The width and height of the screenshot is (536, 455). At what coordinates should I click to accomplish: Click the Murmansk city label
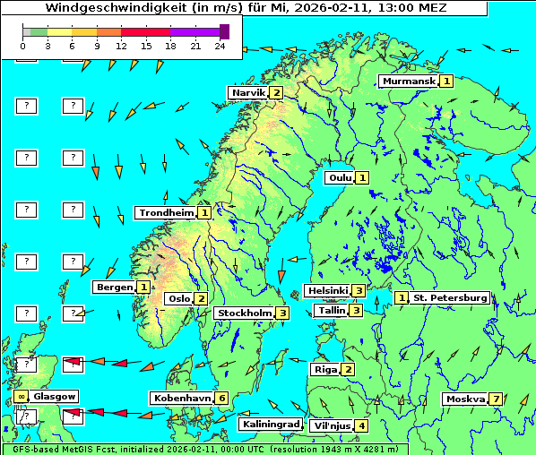(409, 82)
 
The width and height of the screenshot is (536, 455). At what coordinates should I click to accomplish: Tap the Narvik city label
(248, 92)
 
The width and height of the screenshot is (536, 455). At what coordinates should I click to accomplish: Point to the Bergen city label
(115, 288)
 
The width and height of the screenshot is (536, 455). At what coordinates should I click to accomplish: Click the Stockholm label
(244, 313)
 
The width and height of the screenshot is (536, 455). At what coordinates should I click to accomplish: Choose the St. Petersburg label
(450, 297)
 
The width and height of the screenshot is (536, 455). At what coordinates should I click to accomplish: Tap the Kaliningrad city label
(270, 424)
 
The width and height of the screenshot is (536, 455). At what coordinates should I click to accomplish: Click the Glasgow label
(55, 396)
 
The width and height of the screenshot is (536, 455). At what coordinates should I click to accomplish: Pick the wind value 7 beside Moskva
(496, 399)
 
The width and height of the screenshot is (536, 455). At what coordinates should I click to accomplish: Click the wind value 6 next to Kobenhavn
(221, 398)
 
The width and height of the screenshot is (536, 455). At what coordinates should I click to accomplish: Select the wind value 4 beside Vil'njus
(361, 425)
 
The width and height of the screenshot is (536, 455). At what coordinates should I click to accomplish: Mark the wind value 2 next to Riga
(348, 369)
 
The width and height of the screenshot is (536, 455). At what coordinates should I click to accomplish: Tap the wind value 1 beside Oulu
(362, 177)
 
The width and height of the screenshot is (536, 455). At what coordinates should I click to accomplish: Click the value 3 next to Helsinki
(358, 290)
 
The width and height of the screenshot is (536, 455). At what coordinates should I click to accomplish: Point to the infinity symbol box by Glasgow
(21, 396)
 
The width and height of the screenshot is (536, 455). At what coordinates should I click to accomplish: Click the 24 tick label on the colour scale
(220, 46)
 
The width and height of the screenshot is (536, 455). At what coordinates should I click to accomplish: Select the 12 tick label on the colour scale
(121, 46)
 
